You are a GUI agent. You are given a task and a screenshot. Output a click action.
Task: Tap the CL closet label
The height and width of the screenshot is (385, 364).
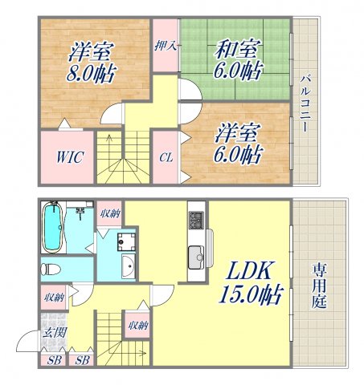(x=164, y=158)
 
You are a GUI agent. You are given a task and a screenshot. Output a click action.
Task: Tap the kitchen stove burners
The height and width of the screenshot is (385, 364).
(x=197, y=219)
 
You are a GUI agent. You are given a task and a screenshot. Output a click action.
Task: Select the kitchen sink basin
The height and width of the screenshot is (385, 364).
(x=197, y=258)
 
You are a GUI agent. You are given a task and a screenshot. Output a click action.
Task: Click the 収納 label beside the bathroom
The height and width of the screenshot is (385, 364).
(x=109, y=213)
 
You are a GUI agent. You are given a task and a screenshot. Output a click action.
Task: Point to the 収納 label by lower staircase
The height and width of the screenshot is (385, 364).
(x=137, y=325)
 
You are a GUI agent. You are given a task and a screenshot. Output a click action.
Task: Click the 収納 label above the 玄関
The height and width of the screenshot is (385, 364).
(x=54, y=298)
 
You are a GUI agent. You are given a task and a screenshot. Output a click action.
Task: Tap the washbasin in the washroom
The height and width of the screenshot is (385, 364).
(x=128, y=268)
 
